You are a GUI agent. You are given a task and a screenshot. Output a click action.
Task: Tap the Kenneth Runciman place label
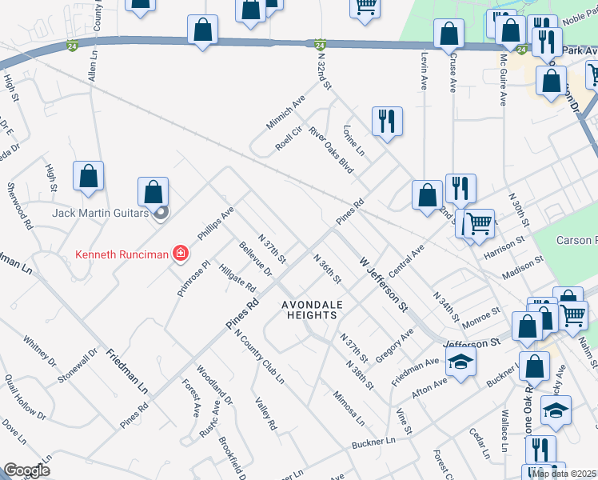tap(122, 255)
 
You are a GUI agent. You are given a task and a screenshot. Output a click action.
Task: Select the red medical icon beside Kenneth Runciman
tap(181, 254)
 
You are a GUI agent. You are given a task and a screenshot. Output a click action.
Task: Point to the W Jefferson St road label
tap(383, 284)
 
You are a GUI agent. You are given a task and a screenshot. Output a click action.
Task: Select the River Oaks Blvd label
tap(330, 149)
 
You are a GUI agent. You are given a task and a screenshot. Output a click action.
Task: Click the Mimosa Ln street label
tap(349, 408)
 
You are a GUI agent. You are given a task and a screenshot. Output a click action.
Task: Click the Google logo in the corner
tap(26, 470)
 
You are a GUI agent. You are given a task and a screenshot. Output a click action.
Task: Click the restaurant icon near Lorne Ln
tap(387, 122)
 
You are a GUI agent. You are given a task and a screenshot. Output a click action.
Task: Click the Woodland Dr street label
tap(215, 385)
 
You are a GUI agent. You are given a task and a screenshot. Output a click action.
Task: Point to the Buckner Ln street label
tap(374, 442)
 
